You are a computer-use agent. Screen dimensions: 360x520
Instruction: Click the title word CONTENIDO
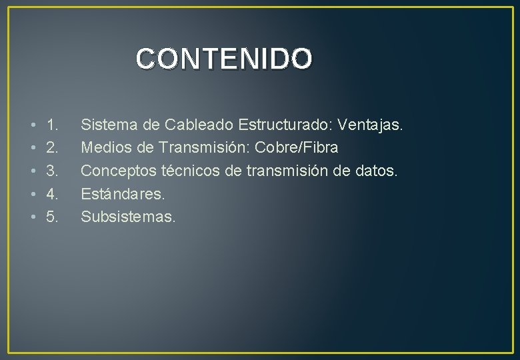[223, 59]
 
